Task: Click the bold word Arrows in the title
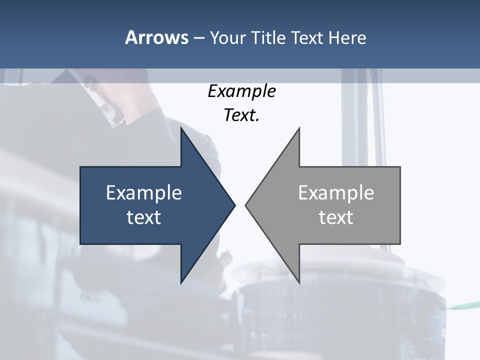pyautogui.click(x=156, y=38)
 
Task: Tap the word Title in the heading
pyautogui.click(x=268, y=38)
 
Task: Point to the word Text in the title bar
pyautogui.click(x=308, y=38)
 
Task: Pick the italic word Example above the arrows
pyautogui.click(x=241, y=91)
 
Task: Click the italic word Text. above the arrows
pyautogui.click(x=241, y=115)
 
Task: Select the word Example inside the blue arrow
pyautogui.click(x=144, y=193)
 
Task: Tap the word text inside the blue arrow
pyautogui.click(x=144, y=217)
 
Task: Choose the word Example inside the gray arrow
pyautogui.click(x=336, y=193)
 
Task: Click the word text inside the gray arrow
pyautogui.click(x=336, y=217)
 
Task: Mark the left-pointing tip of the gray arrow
pyautogui.click(x=246, y=205)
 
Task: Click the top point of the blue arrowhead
pyautogui.click(x=181, y=128)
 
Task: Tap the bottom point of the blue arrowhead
pyautogui.click(x=181, y=282)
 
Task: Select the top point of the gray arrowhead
pyautogui.click(x=299, y=128)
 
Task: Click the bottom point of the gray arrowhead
pyautogui.click(x=299, y=282)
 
